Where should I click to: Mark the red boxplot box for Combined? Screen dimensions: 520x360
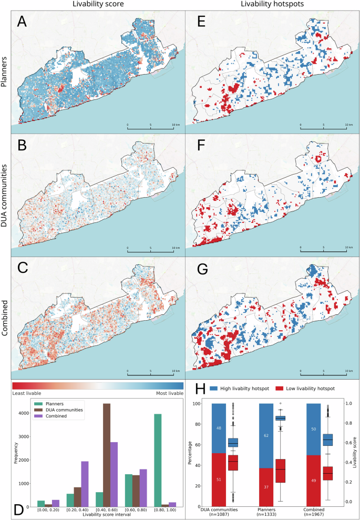coord(330,473)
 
